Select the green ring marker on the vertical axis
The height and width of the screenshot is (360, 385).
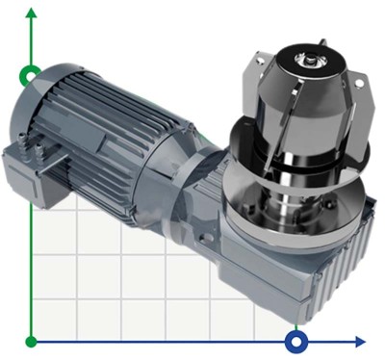pos(31,75)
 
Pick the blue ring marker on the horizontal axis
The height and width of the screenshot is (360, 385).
pos(296,341)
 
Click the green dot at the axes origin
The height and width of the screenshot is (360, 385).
pos(32,341)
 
